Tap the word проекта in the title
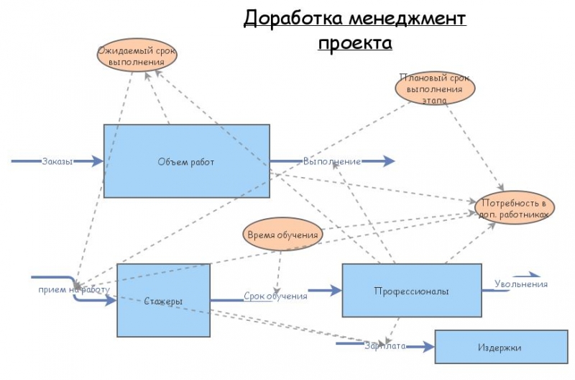point(355,43)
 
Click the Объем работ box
point(186,161)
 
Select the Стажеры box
point(163,300)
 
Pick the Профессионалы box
point(411,291)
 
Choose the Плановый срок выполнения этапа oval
point(435,89)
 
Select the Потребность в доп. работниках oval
point(515,208)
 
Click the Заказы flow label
point(57,161)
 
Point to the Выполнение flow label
point(331,161)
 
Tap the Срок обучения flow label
point(275,295)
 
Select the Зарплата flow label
point(385,345)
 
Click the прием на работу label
point(75,290)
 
